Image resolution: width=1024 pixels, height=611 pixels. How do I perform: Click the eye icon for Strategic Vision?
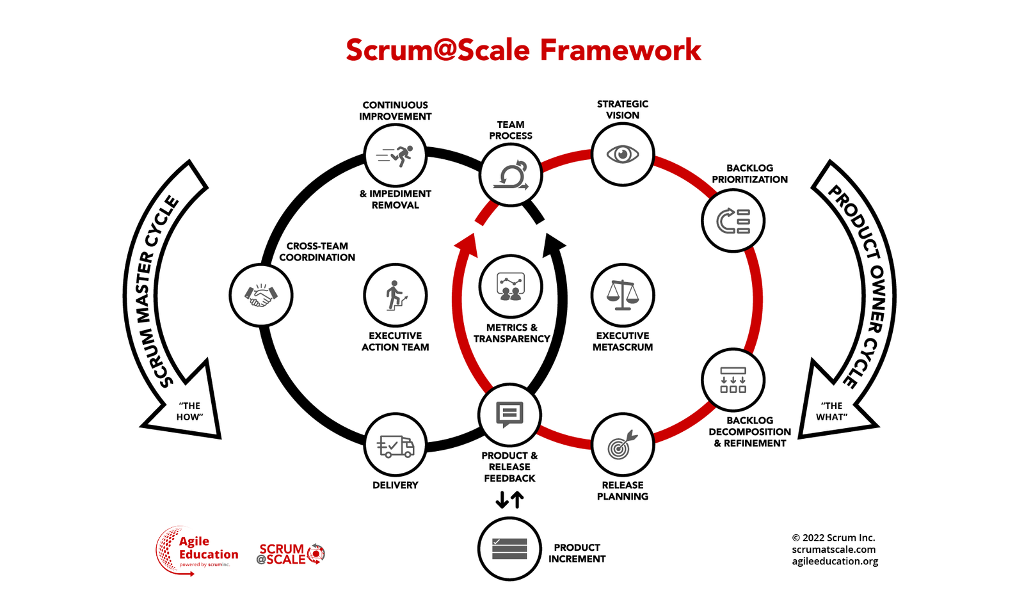tap(623, 154)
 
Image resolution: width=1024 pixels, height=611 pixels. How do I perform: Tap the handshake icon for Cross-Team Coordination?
tap(260, 296)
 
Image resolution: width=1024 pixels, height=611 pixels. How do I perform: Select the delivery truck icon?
tap(395, 445)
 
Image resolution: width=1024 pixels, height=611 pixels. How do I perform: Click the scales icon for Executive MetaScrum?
tap(623, 295)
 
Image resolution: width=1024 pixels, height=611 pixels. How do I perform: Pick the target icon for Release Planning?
tap(622, 445)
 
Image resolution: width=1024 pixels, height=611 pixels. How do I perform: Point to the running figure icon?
tap(395, 155)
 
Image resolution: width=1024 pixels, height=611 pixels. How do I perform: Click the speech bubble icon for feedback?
tap(509, 415)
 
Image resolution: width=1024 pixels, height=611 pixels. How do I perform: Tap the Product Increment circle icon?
tap(509, 549)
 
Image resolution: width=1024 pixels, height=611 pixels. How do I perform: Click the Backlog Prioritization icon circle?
tap(733, 221)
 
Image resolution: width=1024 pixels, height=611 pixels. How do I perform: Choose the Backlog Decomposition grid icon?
tap(733, 380)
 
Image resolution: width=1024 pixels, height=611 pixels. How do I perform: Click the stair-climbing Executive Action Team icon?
tap(395, 296)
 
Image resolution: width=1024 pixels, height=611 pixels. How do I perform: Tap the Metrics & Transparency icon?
tap(510, 287)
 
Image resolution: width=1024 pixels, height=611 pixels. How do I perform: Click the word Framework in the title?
tap(620, 50)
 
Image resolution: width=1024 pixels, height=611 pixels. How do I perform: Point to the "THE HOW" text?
tap(189, 411)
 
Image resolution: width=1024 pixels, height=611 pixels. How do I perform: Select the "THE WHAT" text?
tap(832, 411)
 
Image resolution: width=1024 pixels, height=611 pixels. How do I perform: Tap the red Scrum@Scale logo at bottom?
tap(291, 553)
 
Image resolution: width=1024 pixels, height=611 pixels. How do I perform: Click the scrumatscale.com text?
tap(833, 550)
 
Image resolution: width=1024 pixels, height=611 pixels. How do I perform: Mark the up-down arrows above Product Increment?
tap(510, 500)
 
